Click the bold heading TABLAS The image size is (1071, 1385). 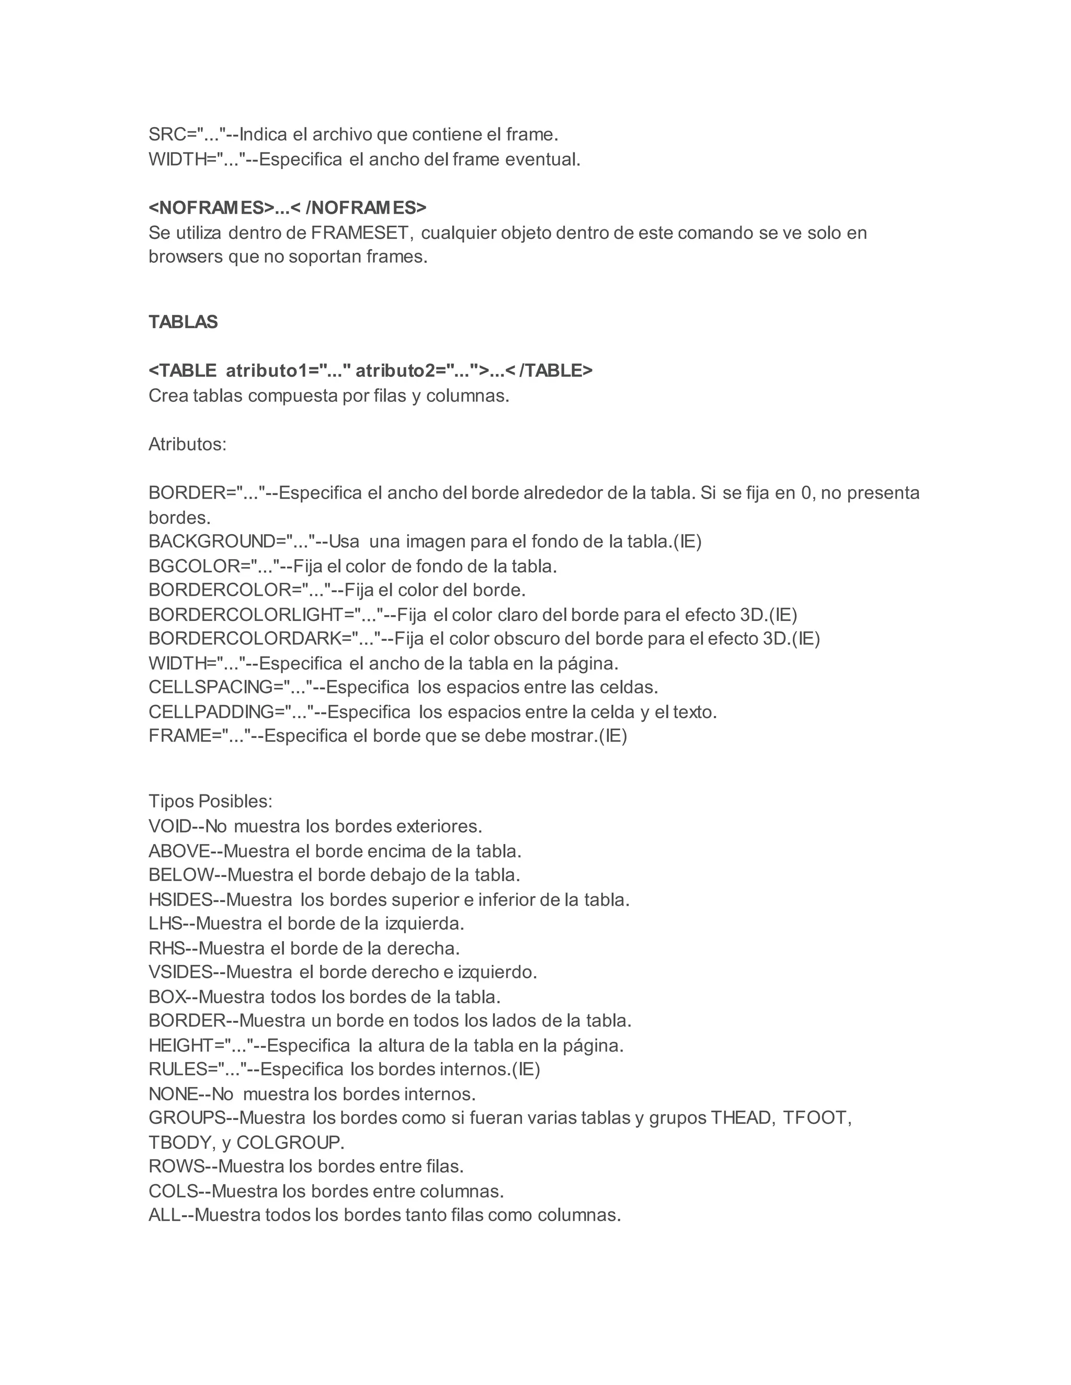183,322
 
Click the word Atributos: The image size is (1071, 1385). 187,445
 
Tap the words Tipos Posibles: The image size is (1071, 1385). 210,802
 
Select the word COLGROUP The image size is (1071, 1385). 290,1142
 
